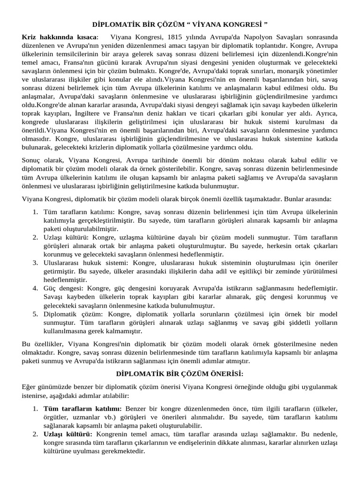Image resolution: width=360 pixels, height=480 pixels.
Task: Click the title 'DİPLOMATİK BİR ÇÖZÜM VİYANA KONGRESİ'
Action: [x=180, y=23]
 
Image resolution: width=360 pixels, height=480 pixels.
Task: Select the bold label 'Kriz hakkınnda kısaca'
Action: [x=60, y=37]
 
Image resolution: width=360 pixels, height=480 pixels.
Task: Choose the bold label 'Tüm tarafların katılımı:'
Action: [x=82, y=409]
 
